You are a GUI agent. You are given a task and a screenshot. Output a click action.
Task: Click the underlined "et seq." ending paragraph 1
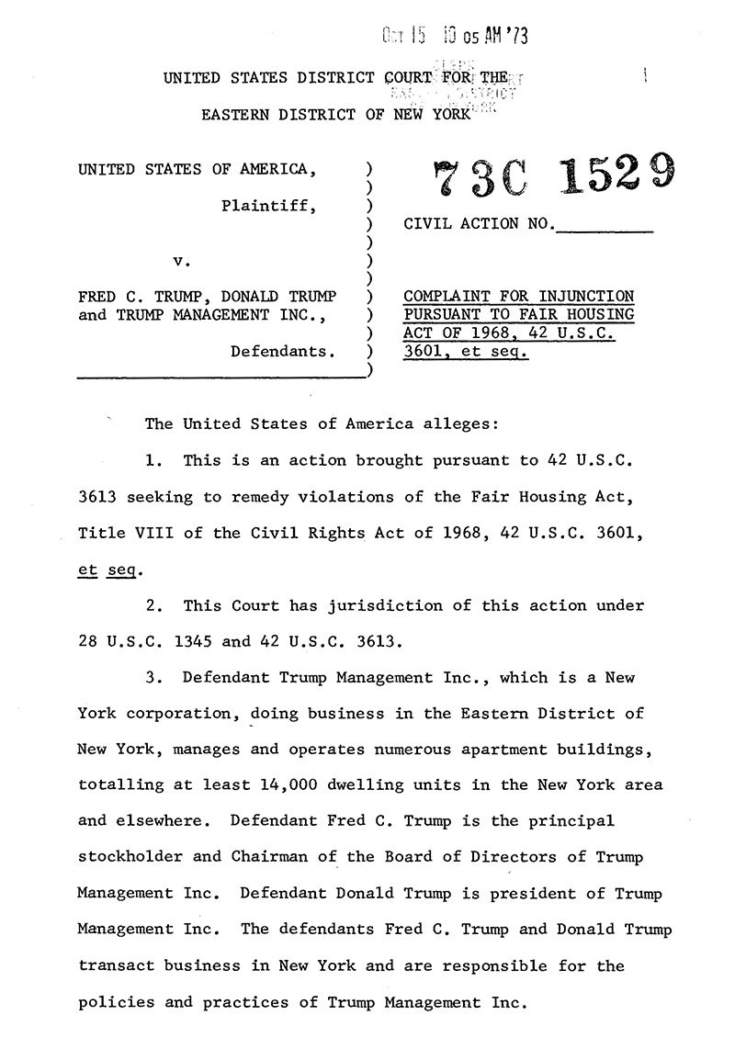pyautogui.click(x=107, y=570)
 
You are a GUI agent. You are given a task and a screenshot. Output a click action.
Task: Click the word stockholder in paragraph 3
pyautogui.click(x=135, y=856)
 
